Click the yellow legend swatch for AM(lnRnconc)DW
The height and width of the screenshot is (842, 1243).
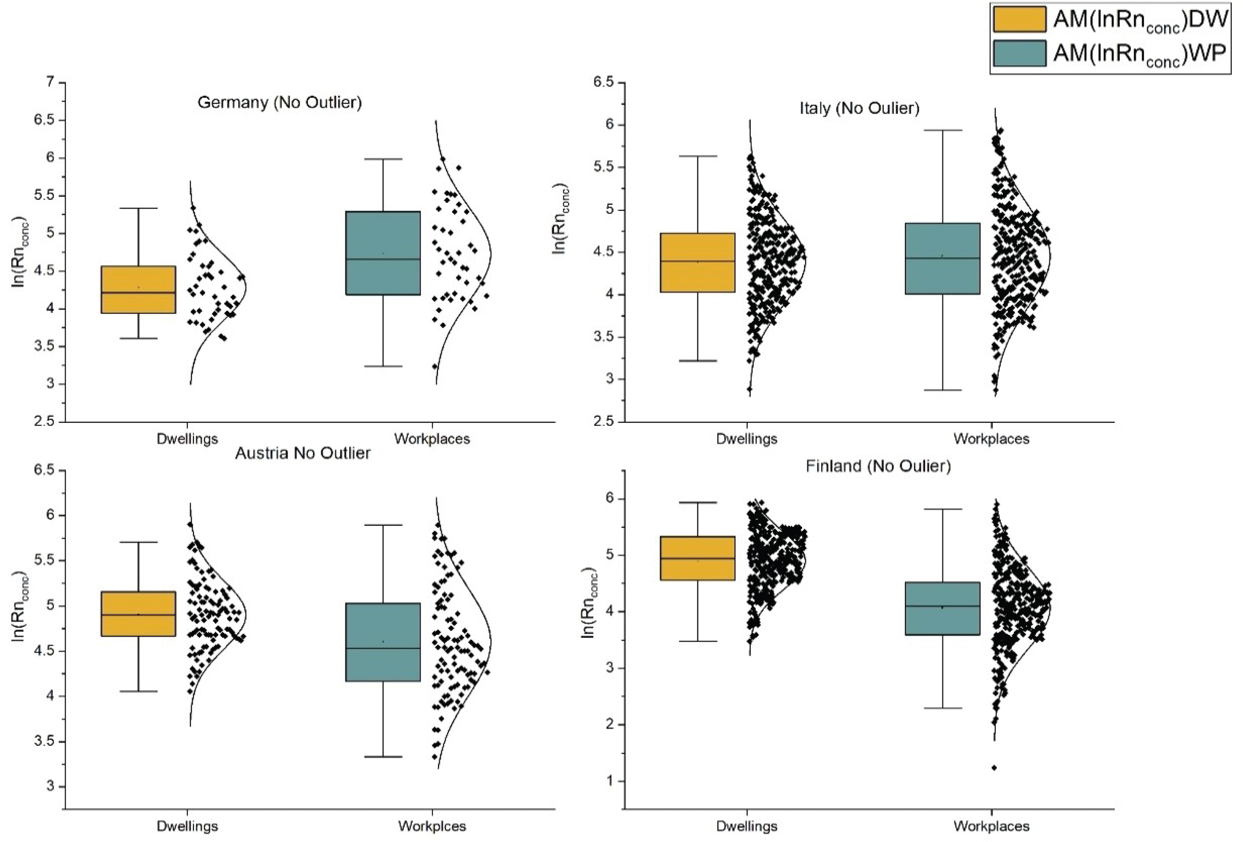(x=1019, y=19)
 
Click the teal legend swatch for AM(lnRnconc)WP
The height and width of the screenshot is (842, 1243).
(x=1019, y=53)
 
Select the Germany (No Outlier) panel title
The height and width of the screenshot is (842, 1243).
(x=279, y=102)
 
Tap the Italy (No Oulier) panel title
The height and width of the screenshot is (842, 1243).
(x=859, y=108)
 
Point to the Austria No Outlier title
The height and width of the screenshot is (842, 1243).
(x=302, y=453)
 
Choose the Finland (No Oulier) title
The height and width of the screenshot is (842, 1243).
(x=878, y=466)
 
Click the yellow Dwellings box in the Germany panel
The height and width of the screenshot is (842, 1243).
(x=138, y=290)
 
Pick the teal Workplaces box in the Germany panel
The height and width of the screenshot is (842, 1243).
(x=383, y=253)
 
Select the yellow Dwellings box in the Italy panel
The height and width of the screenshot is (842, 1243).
(x=697, y=263)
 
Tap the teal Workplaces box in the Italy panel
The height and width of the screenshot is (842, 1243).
(x=942, y=259)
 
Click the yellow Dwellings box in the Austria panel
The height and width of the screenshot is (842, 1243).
(x=138, y=614)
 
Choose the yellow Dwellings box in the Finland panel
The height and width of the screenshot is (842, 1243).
(x=697, y=558)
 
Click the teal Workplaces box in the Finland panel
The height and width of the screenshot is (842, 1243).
(x=942, y=608)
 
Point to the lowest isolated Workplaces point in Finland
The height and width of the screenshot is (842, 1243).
(x=994, y=768)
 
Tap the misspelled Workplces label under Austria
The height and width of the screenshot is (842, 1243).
(x=432, y=826)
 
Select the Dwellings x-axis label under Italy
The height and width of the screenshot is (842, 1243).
(x=747, y=439)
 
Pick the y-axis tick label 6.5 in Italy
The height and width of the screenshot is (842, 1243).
(x=603, y=82)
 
